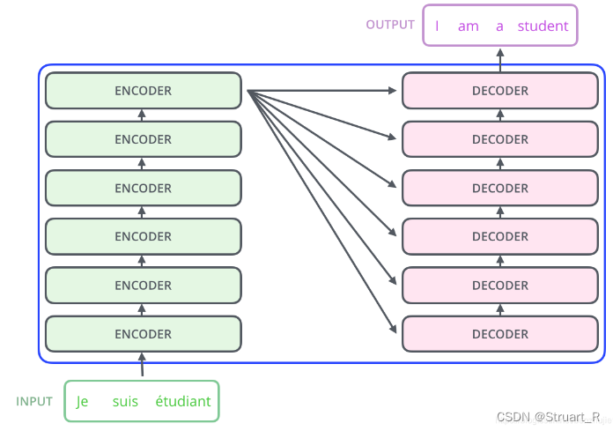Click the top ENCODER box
143,91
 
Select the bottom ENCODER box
143,334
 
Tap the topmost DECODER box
500,91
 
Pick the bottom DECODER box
500,334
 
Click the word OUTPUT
390,25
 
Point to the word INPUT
35,401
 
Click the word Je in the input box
83,402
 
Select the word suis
126,402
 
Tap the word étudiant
183,402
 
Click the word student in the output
543,26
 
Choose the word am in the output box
469,26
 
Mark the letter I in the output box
437,26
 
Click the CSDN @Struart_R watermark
549,416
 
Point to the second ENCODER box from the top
143,139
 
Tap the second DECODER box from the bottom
500,286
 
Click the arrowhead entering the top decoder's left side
395,91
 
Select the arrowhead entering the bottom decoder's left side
394,332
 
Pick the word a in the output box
499,26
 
